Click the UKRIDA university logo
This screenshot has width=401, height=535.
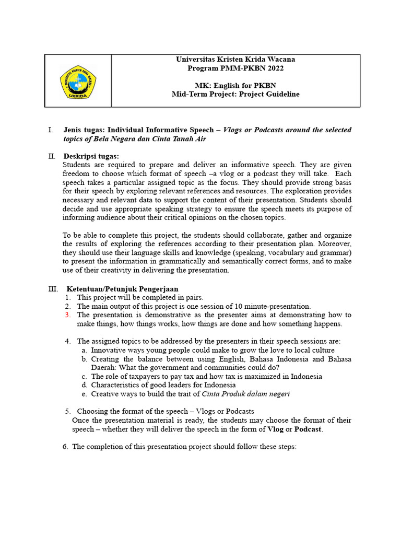pyautogui.click(x=78, y=82)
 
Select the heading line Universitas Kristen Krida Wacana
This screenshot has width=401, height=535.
pyautogui.click(x=235, y=60)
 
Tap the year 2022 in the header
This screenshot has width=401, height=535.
pyautogui.click(x=274, y=68)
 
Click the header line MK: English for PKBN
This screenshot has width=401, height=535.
pyautogui.click(x=235, y=86)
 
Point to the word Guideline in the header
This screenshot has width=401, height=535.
pyautogui.click(x=281, y=95)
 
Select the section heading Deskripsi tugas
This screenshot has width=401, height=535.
pyautogui.click(x=91, y=156)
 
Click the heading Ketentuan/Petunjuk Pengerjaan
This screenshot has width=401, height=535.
pyautogui.click(x=122, y=289)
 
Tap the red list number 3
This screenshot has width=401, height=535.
pyautogui.click(x=68, y=315)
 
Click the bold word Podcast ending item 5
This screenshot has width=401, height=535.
pyautogui.click(x=309, y=429)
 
